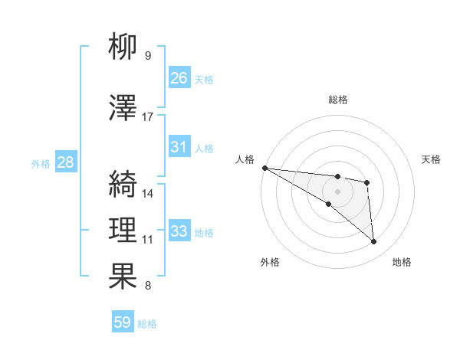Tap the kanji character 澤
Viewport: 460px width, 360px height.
coord(123,108)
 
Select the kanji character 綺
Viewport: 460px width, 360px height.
coord(123,184)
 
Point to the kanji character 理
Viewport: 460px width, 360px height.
coord(123,230)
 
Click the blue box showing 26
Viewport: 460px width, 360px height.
coord(179,78)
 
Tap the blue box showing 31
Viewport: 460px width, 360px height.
coord(179,147)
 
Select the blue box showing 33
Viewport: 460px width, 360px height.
coord(179,231)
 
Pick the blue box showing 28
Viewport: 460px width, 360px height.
coord(65,162)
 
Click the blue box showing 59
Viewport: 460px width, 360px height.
coord(123,322)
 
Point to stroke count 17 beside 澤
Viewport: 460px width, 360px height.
coord(148,116)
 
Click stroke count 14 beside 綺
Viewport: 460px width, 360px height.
coord(148,193)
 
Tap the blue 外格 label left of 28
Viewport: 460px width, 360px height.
coord(41,163)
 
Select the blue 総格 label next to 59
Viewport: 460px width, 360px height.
coord(147,323)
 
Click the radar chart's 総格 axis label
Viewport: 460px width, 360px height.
coord(338,100)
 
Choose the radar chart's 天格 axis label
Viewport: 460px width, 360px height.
coord(432,159)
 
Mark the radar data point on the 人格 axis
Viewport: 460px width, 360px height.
coord(264,168)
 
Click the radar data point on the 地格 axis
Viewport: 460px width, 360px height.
coord(373,242)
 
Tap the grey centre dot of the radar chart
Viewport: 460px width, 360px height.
coord(337,191)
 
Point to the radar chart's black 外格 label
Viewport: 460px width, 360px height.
coord(270,262)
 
